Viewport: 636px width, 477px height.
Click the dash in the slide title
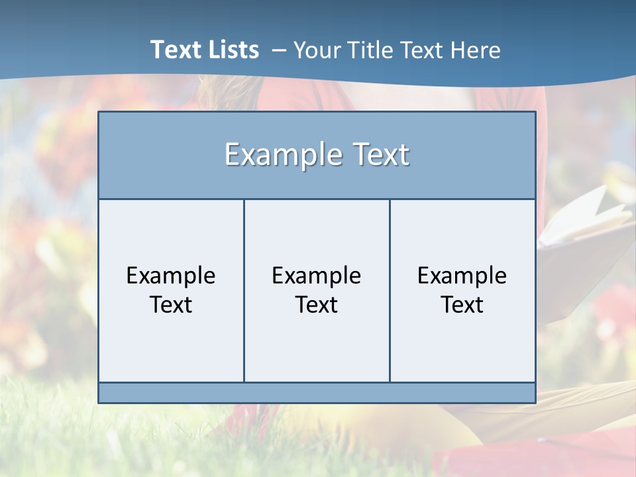click(x=279, y=51)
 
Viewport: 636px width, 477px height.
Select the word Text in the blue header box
click(x=379, y=155)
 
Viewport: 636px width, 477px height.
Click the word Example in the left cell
click(x=171, y=276)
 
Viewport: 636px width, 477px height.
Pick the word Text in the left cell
click(x=171, y=305)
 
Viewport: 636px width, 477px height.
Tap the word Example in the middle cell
click(x=317, y=276)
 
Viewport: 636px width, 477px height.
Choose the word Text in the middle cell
click(x=317, y=305)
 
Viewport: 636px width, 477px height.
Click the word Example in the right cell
click(x=462, y=276)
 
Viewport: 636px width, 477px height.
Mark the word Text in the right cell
click(x=462, y=305)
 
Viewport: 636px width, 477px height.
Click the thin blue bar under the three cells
click(x=317, y=393)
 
